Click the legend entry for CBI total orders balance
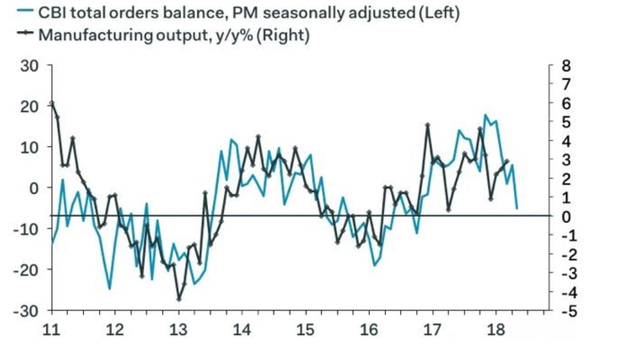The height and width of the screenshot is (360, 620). (248, 13)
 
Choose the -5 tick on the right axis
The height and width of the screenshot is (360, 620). (563, 311)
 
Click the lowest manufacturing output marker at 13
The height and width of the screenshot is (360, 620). (179, 299)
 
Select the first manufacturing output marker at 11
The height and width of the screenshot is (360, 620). (52, 103)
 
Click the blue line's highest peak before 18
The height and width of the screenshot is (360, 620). (485, 115)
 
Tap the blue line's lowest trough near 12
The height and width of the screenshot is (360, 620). (109, 289)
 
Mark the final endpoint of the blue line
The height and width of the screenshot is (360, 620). (517, 209)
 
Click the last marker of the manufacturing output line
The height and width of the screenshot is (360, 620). (507, 161)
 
